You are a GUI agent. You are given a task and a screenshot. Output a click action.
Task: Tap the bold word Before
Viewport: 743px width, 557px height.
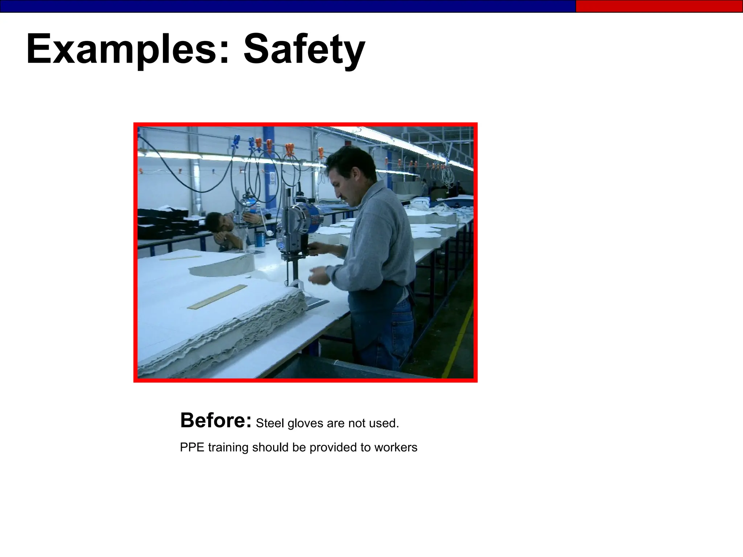coord(215,421)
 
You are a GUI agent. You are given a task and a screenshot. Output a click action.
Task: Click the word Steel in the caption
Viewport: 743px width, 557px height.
coord(270,423)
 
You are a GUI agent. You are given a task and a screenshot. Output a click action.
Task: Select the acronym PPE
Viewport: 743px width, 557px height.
coord(192,447)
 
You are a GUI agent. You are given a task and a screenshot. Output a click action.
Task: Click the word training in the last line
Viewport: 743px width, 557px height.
coord(228,448)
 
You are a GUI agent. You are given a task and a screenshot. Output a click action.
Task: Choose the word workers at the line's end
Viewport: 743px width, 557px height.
coord(396,447)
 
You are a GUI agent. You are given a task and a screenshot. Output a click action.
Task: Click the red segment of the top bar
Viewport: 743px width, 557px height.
coord(658,6)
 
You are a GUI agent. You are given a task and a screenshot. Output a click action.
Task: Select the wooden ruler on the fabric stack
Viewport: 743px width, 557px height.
coord(217,297)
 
